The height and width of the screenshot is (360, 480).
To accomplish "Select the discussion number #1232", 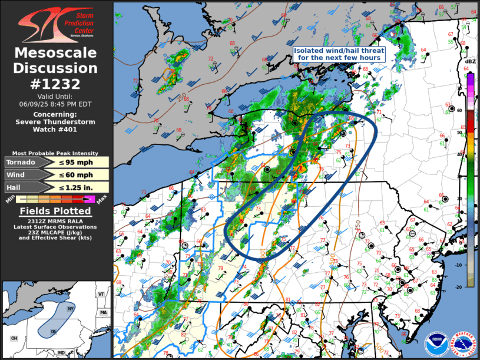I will click(56, 84).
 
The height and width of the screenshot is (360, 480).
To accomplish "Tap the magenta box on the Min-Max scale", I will click(89, 200).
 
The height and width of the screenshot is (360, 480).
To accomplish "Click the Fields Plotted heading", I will click(56, 211).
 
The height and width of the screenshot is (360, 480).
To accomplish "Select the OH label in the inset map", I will click(14, 338).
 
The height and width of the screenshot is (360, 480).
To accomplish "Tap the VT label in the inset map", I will click(101, 294).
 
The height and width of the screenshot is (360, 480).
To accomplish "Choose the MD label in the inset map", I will click(61, 352).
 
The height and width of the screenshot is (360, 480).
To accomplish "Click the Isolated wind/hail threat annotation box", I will click(339, 55).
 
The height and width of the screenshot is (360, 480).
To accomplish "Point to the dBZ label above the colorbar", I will click(470, 62).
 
